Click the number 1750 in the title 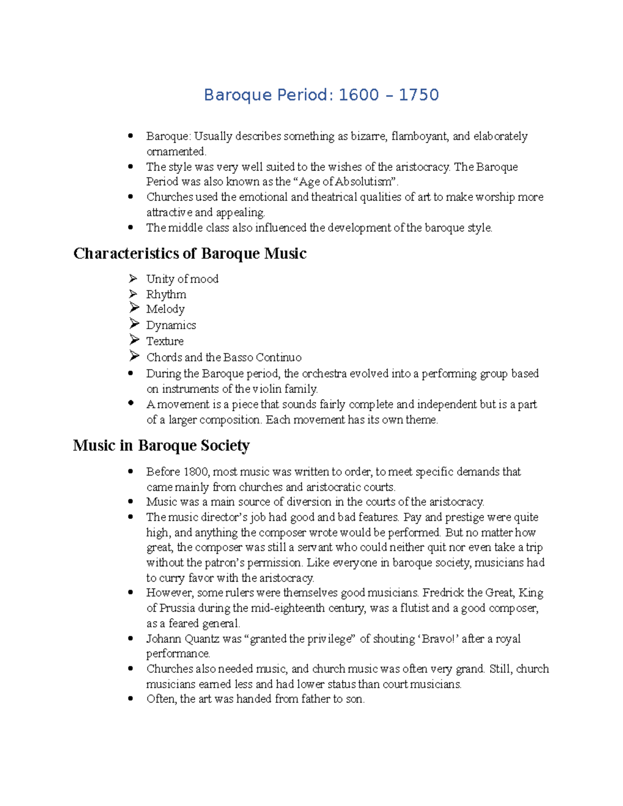pyautogui.click(x=418, y=95)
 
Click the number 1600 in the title pyautogui.click(x=359, y=95)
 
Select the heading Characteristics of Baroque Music pyautogui.click(x=189, y=253)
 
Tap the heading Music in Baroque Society pyautogui.click(x=161, y=445)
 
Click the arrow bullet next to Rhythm pyautogui.click(x=133, y=294)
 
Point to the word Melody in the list pyautogui.click(x=165, y=309)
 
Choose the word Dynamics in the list pyautogui.click(x=171, y=325)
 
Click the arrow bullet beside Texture pyautogui.click(x=134, y=340)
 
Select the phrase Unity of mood pyautogui.click(x=182, y=279)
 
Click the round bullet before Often pyautogui.click(x=131, y=699)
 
